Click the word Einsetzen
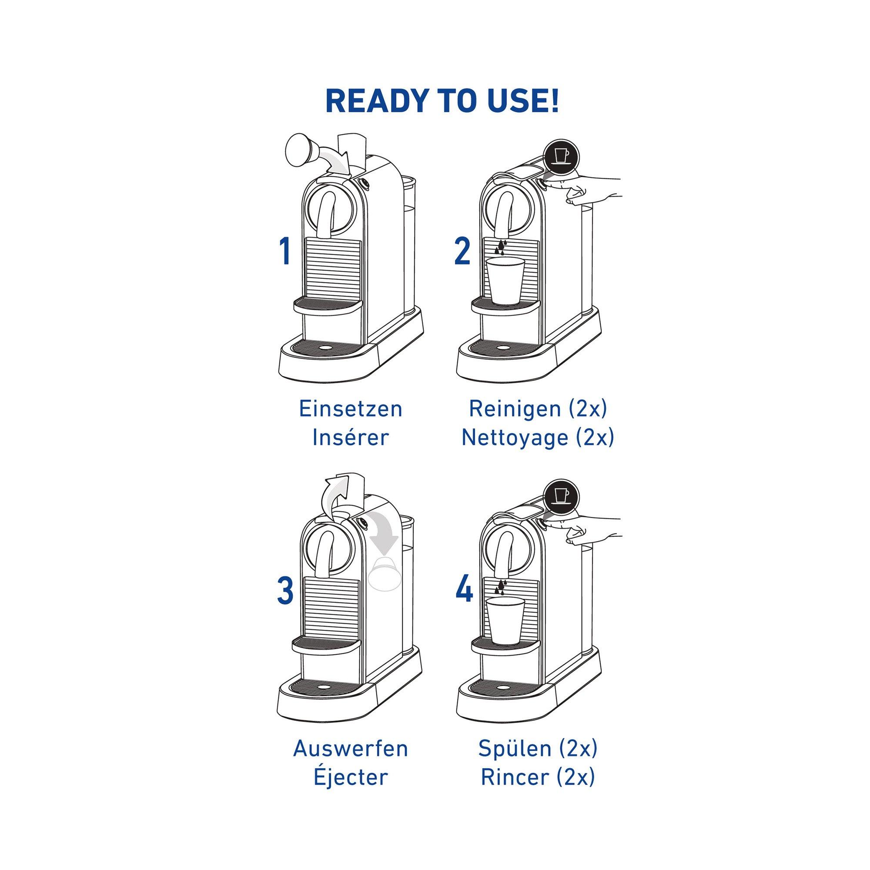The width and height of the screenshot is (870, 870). [350, 409]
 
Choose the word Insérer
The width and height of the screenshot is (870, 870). [350, 438]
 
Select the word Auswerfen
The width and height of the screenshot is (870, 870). [350, 748]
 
